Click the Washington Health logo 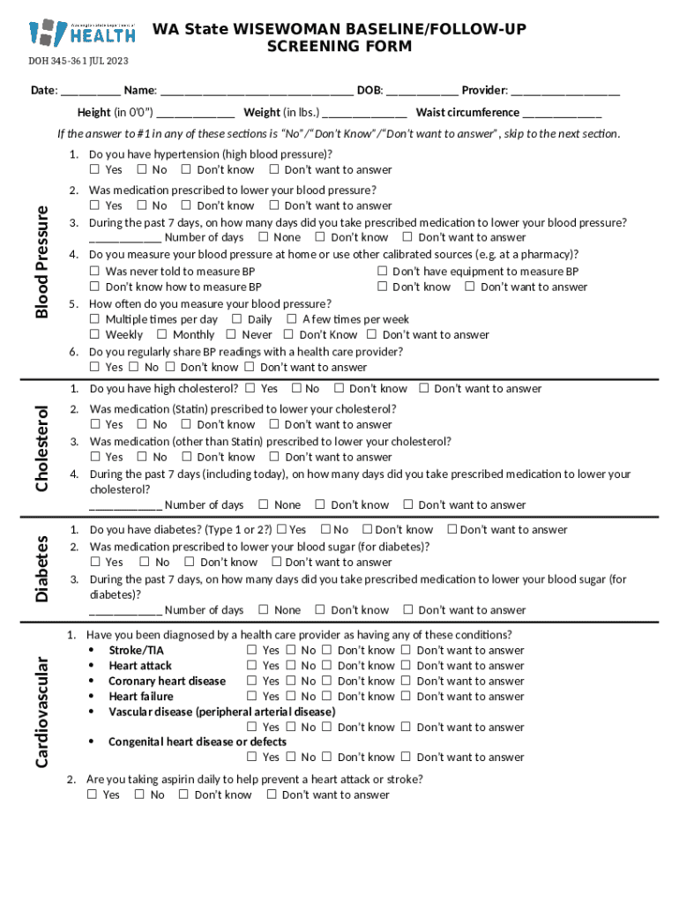pyautogui.click(x=82, y=33)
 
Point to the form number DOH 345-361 pyautogui.click(x=78, y=61)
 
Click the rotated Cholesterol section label pyautogui.click(x=41, y=448)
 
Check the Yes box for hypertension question pyautogui.click(x=94, y=169)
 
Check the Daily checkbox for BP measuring pyautogui.click(x=236, y=319)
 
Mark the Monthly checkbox pyautogui.click(x=162, y=334)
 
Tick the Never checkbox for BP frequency pyautogui.click(x=231, y=334)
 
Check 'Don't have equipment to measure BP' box pyautogui.click(x=382, y=272)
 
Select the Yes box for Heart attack pyautogui.click(x=251, y=666)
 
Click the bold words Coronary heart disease pyautogui.click(x=167, y=681)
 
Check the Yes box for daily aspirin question pyautogui.click(x=92, y=795)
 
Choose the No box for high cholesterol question pyautogui.click(x=295, y=388)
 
